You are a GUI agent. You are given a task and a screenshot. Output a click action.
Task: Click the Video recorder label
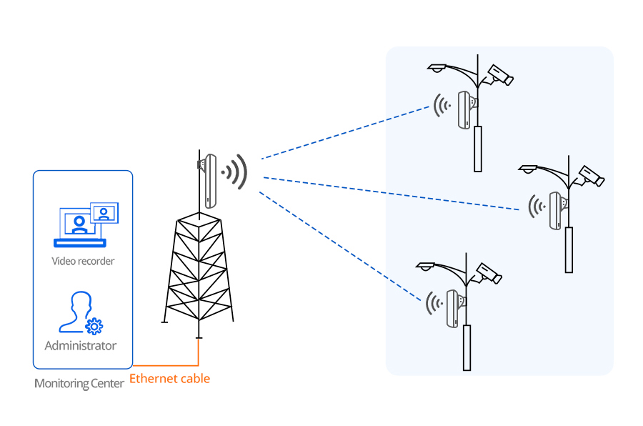pos(83,261)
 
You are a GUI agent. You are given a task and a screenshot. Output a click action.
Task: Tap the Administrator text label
pos(80,346)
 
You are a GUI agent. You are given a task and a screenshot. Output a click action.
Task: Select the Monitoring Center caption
pos(79,384)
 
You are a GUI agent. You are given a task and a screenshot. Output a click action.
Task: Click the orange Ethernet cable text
pos(170,378)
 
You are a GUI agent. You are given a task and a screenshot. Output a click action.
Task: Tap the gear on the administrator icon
pos(94,326)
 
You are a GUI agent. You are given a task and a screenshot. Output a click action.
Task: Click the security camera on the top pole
pos(499,74)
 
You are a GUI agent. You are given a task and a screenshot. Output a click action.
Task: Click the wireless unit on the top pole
pos(464,109)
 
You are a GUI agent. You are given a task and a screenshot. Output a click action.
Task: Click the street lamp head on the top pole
pos(437,67)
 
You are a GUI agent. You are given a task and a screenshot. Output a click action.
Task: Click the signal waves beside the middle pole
pos(536,207)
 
